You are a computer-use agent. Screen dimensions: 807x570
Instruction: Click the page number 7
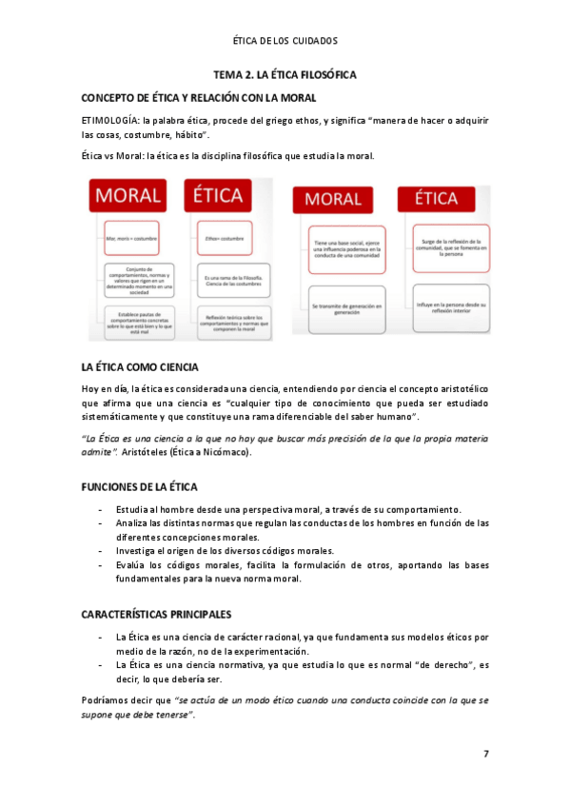486,754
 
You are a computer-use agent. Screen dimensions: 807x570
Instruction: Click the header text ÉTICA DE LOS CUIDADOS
285,41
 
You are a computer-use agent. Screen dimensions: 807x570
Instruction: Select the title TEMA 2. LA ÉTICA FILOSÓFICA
285,74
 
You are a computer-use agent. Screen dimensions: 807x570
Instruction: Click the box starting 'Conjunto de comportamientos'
133,278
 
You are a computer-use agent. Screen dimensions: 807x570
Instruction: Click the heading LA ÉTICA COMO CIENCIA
140,366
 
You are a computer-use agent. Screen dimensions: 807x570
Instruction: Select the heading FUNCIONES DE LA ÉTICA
140,486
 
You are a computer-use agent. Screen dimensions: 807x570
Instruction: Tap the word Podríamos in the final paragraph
108,699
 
